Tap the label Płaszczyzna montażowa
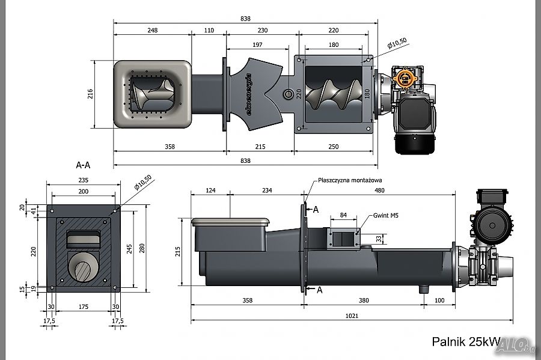pos(350,179)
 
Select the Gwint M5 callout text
pos(385,215)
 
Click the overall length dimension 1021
pos(352,316)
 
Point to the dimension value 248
pos(151,30)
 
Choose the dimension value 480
pos(379,191)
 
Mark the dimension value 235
pos(82,180)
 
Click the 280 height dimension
pos(142,248)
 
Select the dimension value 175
pos(83,307)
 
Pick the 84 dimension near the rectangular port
pos(343,215)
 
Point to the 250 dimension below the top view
pos(334,147)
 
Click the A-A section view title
pos(83,164)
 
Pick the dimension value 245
pos(129,248)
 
